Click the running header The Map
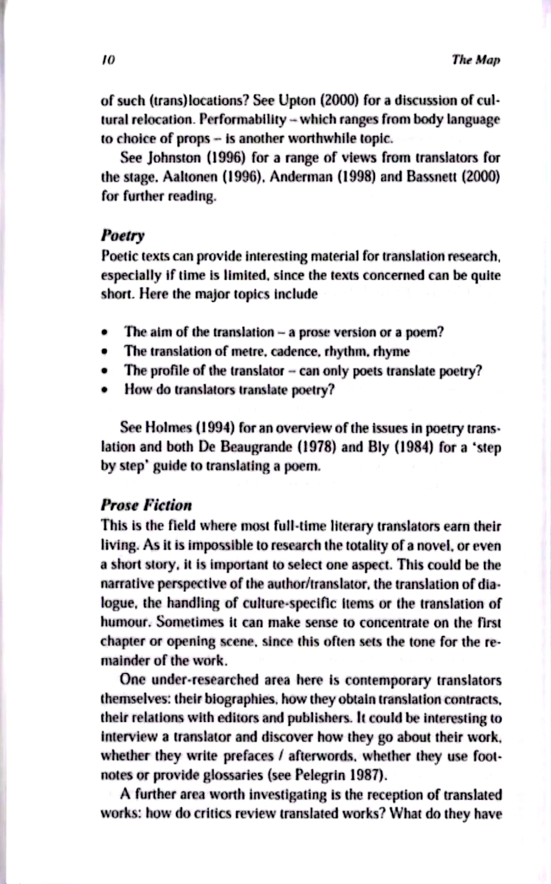476,60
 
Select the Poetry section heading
123,236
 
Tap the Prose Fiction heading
146,505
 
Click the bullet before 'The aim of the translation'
105,333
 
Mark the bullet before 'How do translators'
105,390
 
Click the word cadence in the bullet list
301,352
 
